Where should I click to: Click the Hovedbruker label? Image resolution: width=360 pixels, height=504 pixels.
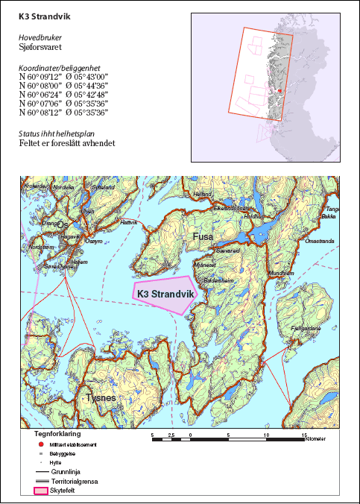pyautogui.click(x=40, y=35)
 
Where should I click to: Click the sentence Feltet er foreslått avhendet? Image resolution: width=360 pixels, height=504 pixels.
pyautogui.click(x=67, y=143)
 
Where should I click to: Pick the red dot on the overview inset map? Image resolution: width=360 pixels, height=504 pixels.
pyautogui.click(x=280, y=91)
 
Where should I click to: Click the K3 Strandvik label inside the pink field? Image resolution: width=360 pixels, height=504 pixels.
pyautogui.click(x=165, y=294)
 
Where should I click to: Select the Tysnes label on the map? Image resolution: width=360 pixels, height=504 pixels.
pyautogui.click(x=101, y=398)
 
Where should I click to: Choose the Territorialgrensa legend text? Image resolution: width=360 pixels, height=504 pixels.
pyautogui.click(x=77, y=482)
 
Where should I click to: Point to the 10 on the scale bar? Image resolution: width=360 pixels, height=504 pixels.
pyautogui.click(x=266, y=433)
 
